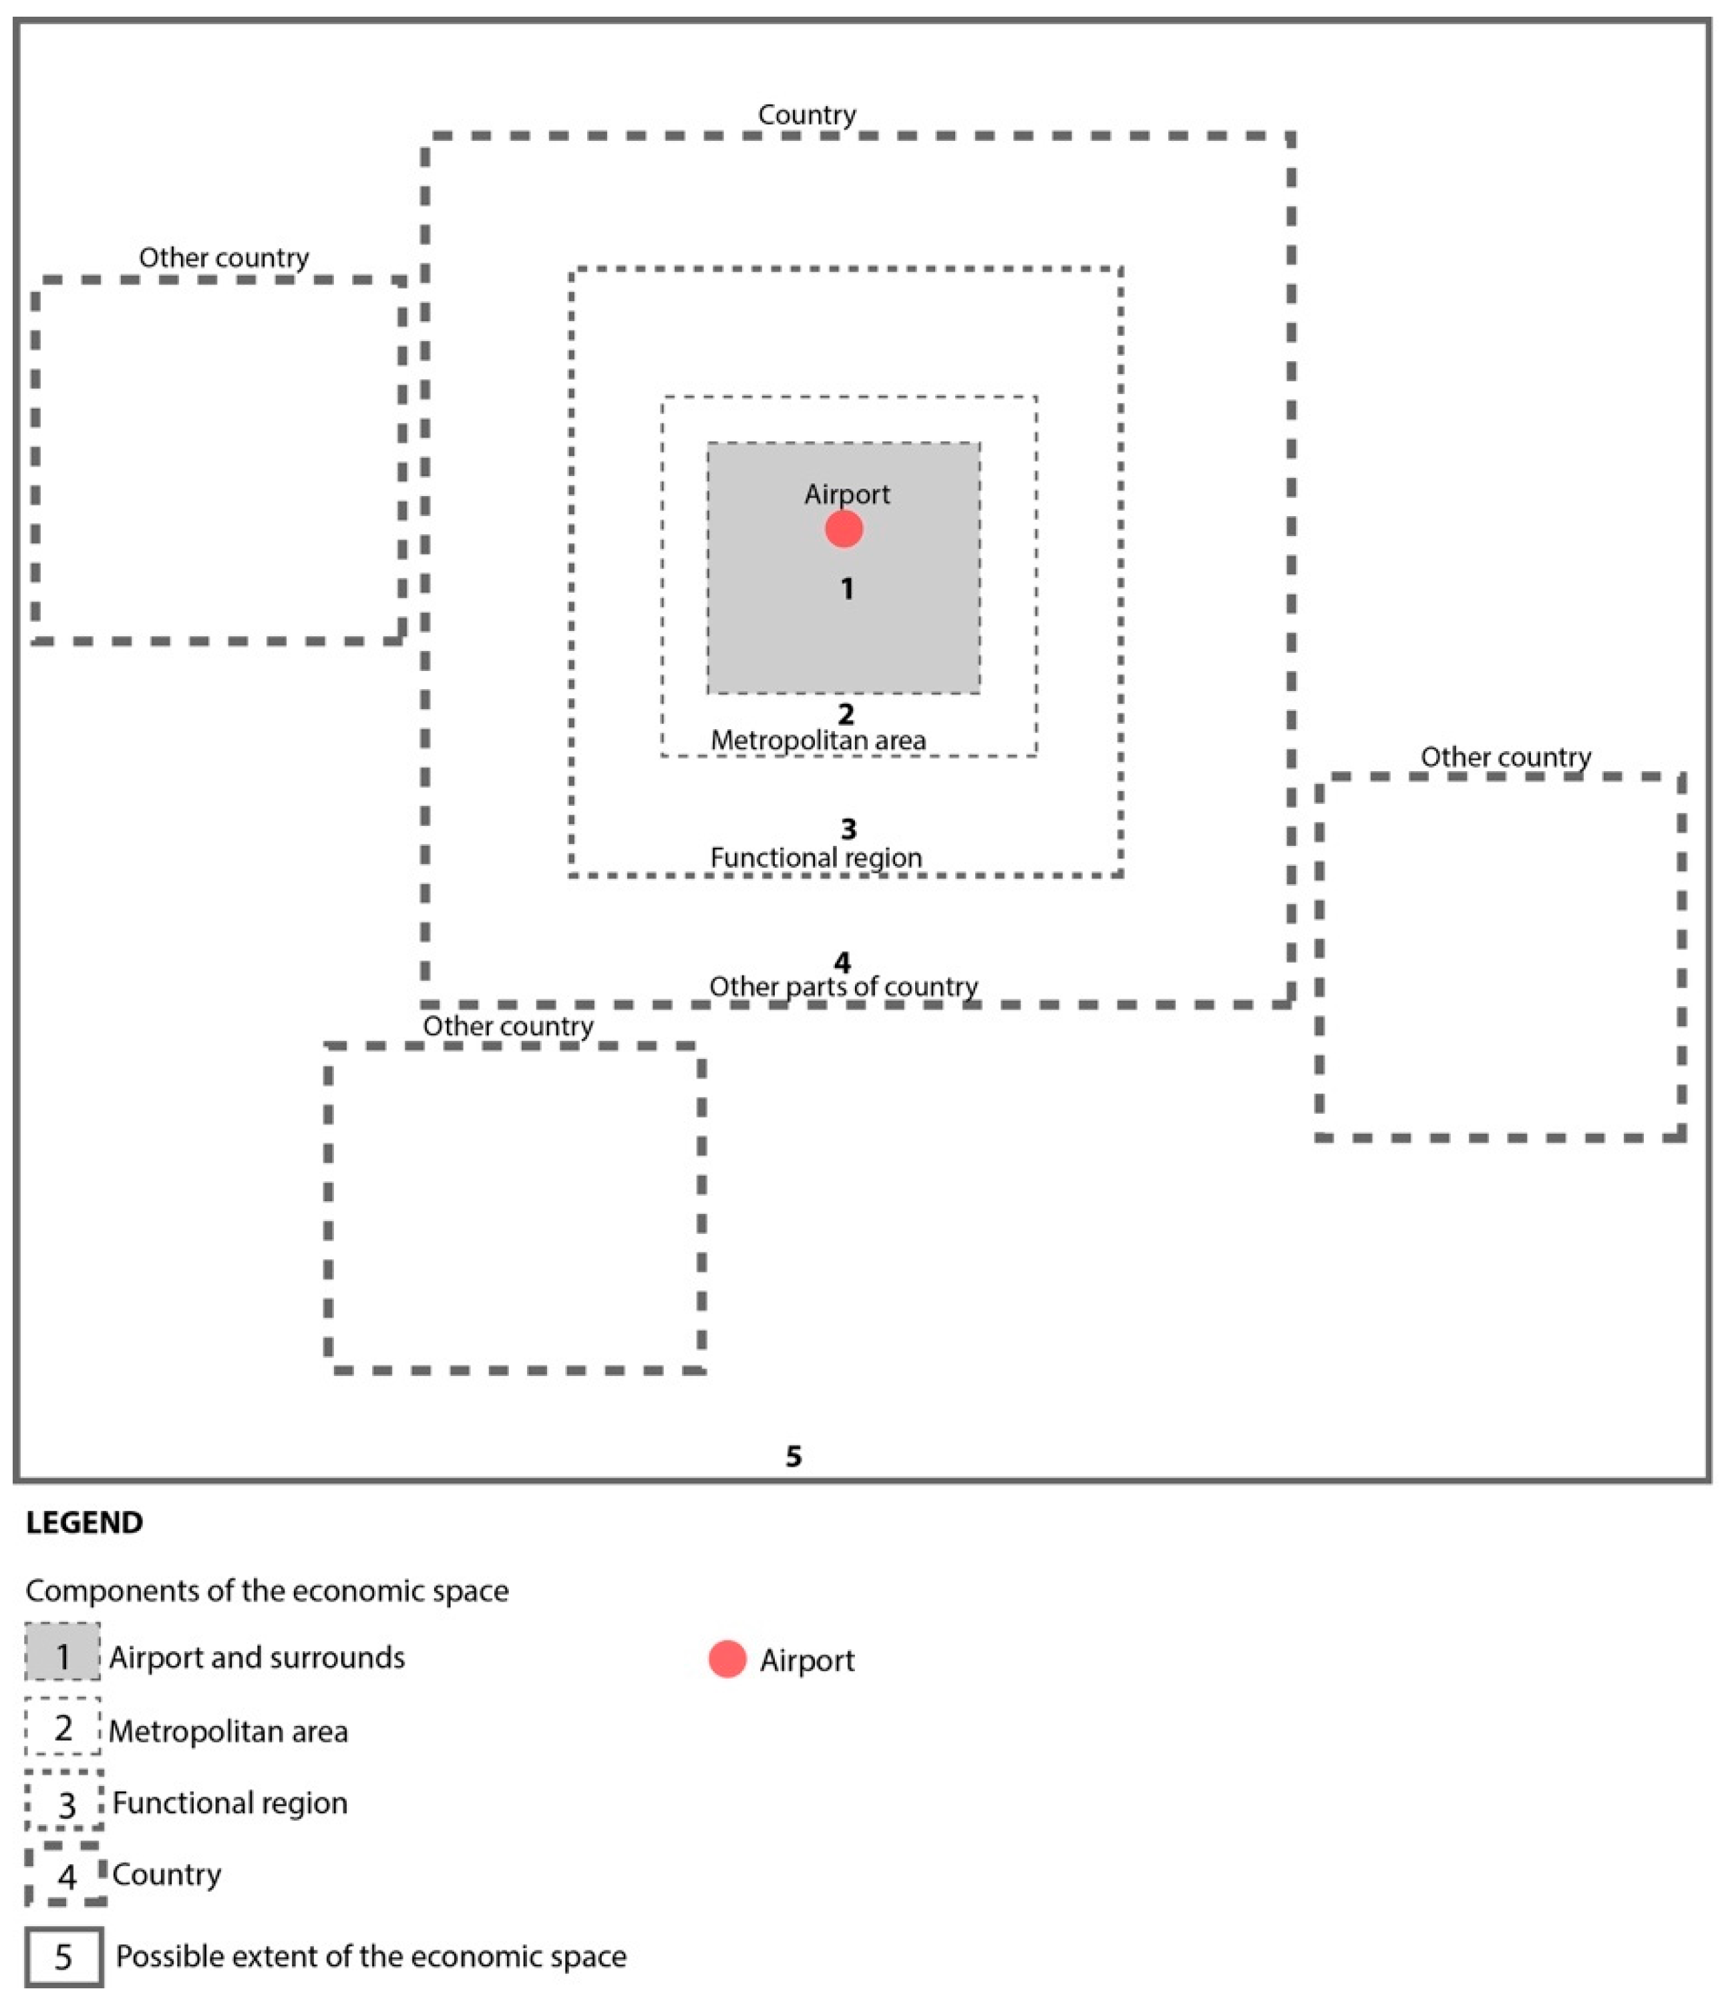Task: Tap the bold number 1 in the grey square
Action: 847,588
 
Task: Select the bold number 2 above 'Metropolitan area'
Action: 845,714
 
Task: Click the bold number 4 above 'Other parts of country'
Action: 842,962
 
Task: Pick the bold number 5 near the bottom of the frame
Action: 793,1456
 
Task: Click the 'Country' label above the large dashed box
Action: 807,115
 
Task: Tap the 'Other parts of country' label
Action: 843,986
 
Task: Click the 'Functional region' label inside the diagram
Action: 816,857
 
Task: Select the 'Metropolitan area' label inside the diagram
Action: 818,740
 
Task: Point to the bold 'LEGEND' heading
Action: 84,1522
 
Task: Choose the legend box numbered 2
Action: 63,1728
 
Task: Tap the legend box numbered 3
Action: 65,1802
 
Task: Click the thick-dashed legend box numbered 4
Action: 65,1875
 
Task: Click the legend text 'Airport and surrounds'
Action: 257,1657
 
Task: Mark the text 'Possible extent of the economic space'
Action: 371,1956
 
